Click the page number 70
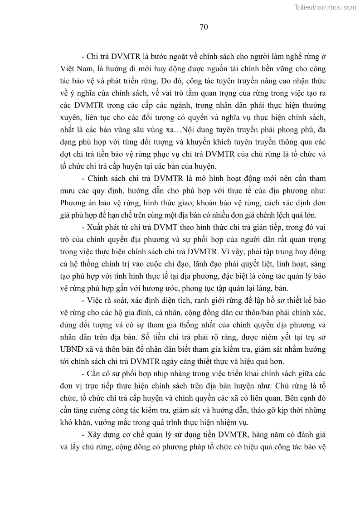204,27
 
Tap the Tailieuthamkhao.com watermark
325,7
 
